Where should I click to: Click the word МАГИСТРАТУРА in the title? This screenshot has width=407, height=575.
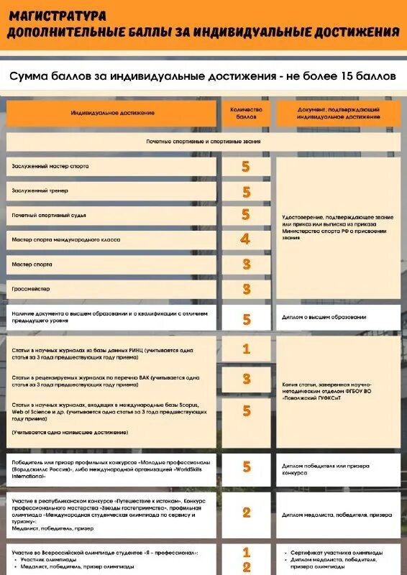click(58, 15)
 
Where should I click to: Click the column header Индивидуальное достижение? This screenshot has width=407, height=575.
click(112, 113)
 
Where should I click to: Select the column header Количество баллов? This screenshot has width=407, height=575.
click(246, 112)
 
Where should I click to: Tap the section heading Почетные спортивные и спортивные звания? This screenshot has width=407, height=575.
click(203, 142)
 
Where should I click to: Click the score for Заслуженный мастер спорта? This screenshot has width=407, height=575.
click(246, 167)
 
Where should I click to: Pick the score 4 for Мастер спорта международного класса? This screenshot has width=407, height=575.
click(246, 239)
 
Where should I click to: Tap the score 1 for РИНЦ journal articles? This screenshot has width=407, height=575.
click(246, 349)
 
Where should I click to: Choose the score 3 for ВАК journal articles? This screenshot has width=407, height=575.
click(246, 379)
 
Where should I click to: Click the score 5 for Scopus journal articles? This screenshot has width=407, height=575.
click(246, 410)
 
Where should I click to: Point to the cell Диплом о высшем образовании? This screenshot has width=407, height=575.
click(324, 317)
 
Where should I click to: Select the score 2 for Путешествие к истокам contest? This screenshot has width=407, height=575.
click(246, 512)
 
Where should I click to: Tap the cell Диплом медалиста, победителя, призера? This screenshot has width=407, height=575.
click(337, 515)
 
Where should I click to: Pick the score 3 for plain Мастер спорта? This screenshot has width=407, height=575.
click(246, 264)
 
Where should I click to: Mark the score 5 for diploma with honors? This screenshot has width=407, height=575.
click(246, 319)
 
